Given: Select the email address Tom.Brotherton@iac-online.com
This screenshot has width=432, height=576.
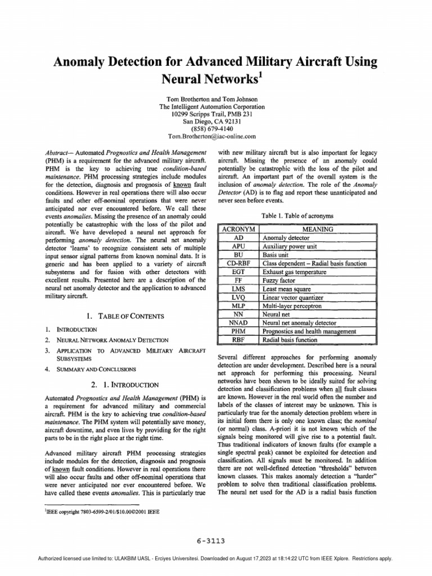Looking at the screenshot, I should (x=212, y=136).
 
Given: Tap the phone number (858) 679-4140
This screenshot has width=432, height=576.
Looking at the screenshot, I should (x=212, y=128).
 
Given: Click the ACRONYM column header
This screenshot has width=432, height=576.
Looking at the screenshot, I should (x=238, y=229).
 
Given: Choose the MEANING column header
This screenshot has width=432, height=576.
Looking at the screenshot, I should (x=318, y=229).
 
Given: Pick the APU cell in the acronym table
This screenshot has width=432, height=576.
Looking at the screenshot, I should (x=238, y=246).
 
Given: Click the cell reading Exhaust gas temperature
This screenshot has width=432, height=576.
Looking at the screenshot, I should (x=295, y=272).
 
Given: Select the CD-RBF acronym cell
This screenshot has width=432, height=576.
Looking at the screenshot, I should (x=238, y=263).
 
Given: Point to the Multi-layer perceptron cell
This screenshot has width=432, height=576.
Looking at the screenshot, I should (x=295, y=305).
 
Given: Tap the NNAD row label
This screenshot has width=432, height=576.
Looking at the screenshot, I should (x=238, y=323).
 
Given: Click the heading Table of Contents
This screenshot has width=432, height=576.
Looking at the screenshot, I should (x=123, y=316).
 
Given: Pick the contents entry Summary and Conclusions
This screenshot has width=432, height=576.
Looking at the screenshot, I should (x=96, y=370).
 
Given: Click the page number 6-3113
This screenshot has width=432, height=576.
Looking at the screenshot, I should (x=212, y=541).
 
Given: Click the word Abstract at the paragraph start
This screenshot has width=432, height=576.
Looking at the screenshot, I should (x=58, y=153).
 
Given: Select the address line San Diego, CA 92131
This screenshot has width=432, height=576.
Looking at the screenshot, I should (x=212, y=120).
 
